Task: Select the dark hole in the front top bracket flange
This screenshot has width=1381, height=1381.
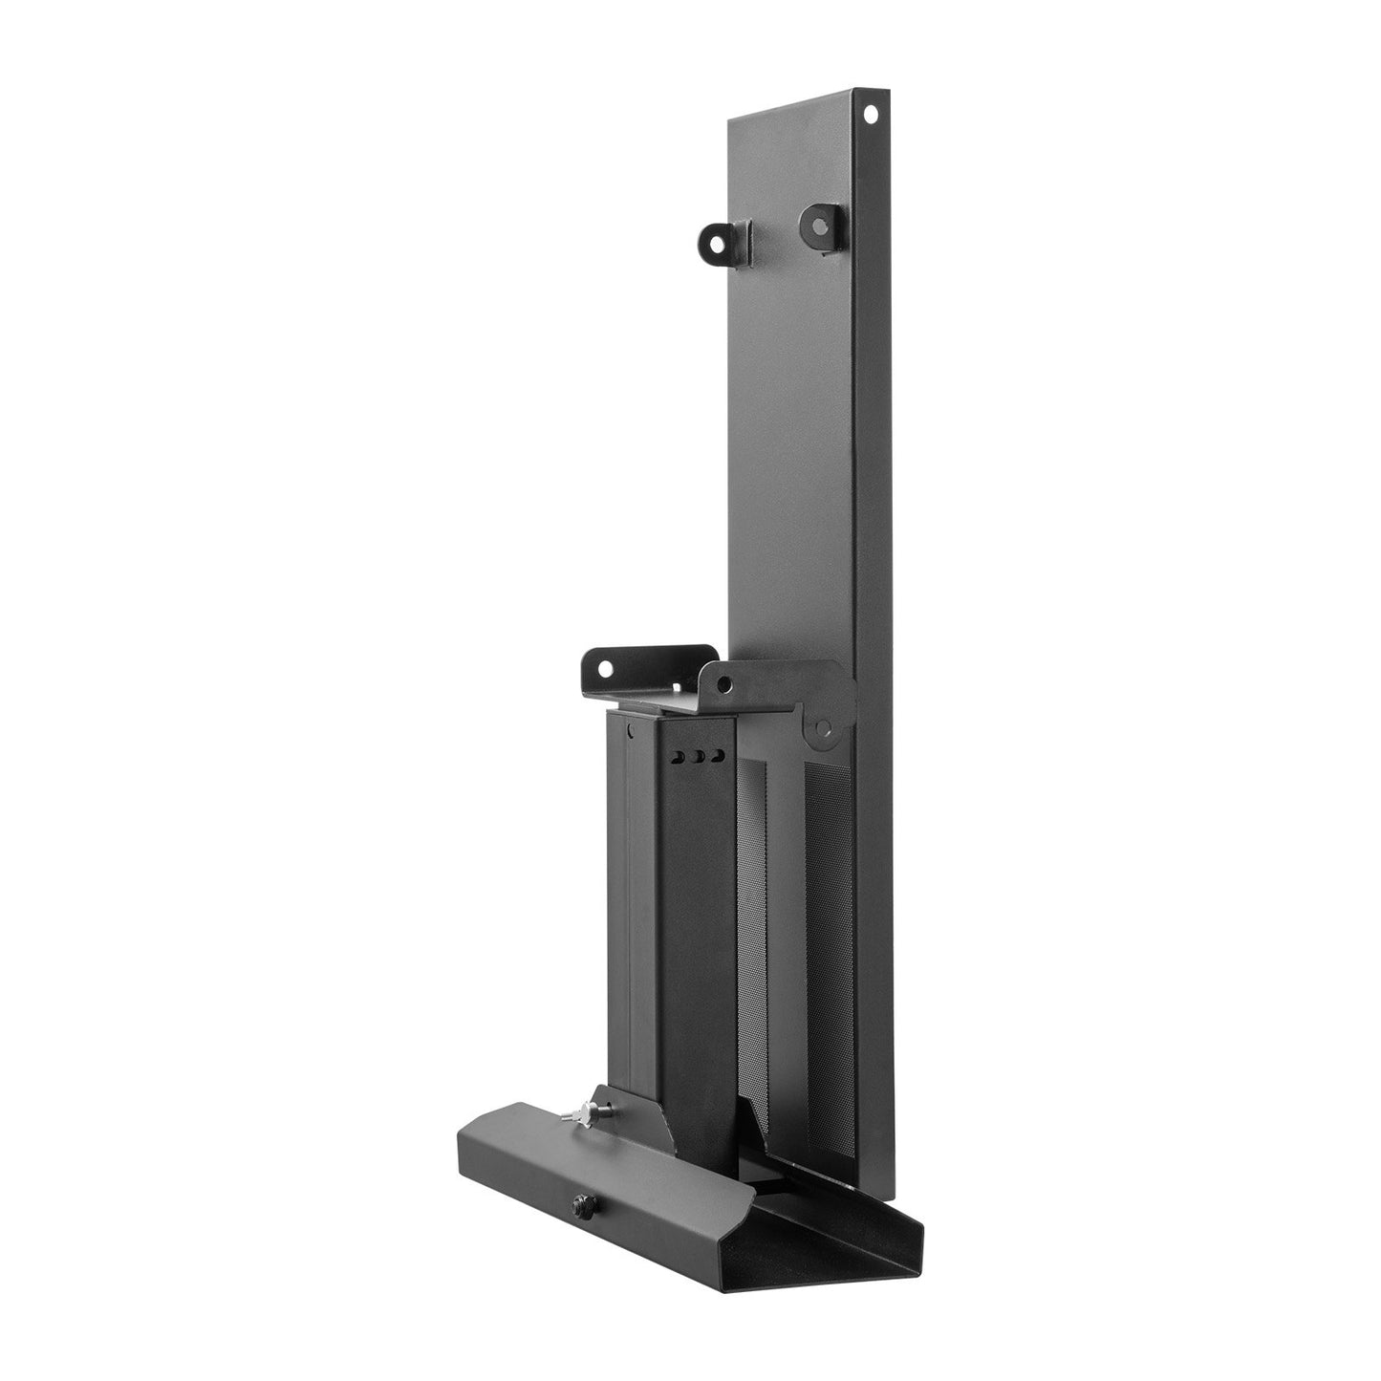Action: (x=726, y=683)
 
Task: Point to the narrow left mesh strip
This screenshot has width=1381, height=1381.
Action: (x=749, y=908)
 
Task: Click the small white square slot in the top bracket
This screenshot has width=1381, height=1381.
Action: (x=681, y=687)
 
